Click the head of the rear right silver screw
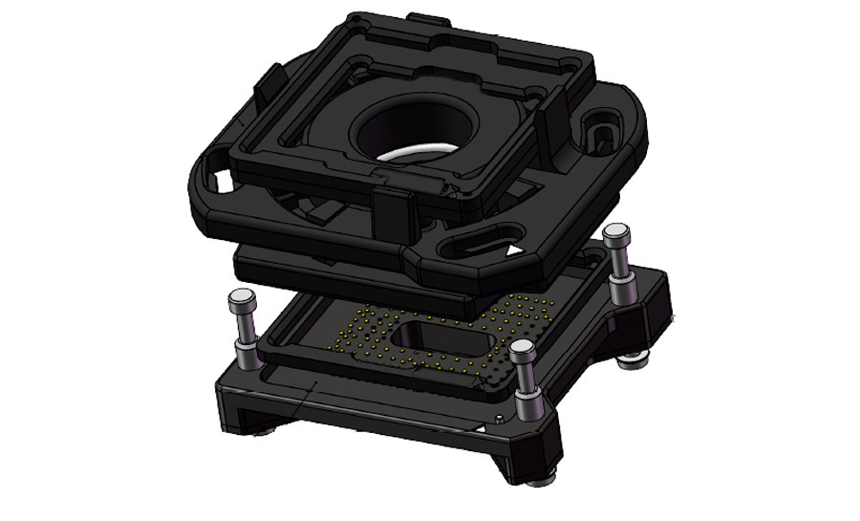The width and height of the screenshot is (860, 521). click(617, 232)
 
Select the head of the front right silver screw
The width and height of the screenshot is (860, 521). click(523, 349)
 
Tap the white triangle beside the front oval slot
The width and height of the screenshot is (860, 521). click(516, 250)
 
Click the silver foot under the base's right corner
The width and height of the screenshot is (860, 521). click(630, 361)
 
